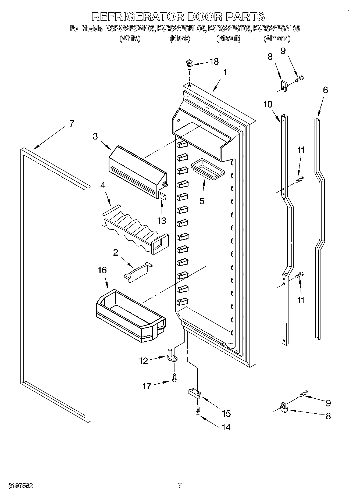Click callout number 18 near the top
point(214,62)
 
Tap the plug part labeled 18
point(189,64)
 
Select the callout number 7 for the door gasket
point(71,124)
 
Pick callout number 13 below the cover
point(162,221)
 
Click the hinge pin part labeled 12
point(171,356)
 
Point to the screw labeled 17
point(174,377)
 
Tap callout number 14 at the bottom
point(226,427)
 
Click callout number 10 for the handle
point(268,104)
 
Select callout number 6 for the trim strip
point(325,90)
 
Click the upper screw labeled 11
point(300,179)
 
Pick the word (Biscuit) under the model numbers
point(228,38)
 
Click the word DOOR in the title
point(205,16)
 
